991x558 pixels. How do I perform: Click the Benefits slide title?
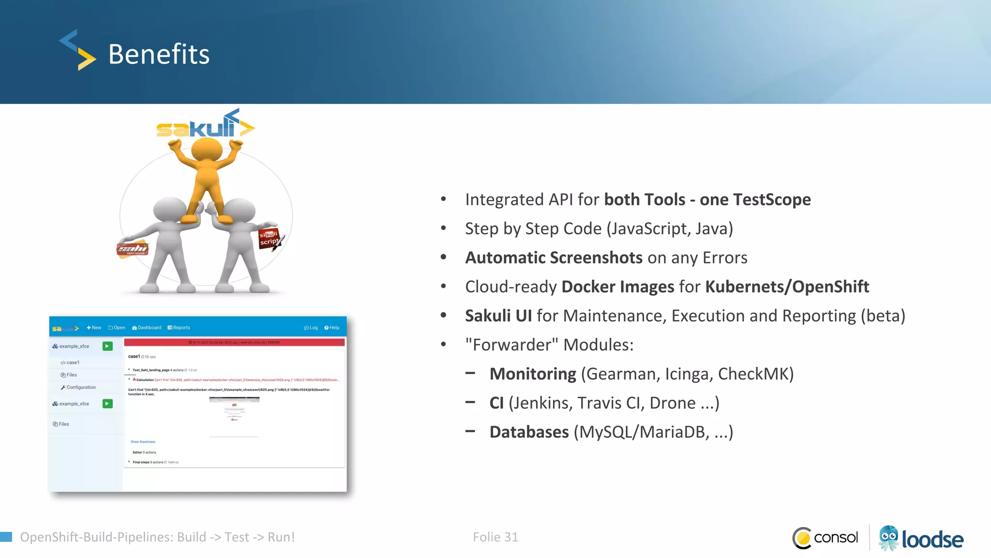[x=159, y=54]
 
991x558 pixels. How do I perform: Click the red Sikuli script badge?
[x=269, y=238]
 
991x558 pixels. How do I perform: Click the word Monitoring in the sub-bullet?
[x=533, y=374]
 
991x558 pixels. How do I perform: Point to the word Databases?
[x=529, y=432]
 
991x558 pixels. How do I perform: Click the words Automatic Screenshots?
[x=554, y=258]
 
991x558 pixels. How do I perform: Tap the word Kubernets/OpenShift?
[x=787, y=287]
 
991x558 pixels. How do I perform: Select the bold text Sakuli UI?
[x=498, y=316]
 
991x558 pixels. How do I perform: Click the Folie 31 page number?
[x=495, y=537]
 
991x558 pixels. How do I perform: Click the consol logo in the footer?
[x=826, y=538]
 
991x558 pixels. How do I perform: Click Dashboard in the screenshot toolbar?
[x=147, y=328]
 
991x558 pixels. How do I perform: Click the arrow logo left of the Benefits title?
[x=77, y=50]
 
